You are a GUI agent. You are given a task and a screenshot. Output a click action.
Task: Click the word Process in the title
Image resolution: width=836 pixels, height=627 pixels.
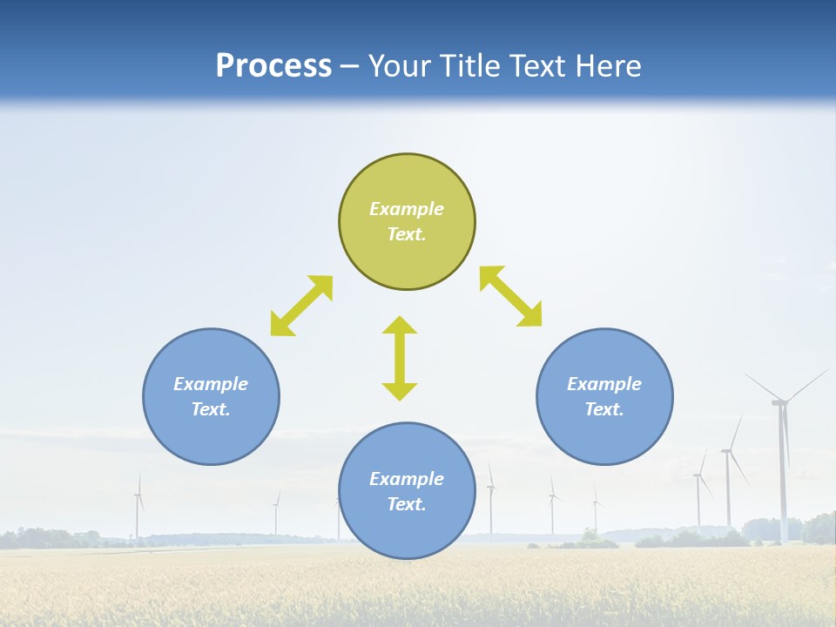[273, 66]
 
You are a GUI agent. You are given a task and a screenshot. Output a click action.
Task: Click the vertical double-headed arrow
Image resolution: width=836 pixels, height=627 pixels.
[400, 359]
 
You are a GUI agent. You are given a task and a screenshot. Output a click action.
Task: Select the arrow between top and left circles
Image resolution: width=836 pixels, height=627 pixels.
[301, 306]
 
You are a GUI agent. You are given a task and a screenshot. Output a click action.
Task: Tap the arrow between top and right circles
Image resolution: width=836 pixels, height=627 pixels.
[511, 296]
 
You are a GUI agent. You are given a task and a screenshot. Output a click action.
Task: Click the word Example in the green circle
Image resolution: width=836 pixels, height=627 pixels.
[407, 209]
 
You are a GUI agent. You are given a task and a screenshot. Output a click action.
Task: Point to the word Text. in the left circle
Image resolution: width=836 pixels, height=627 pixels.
[211, 409]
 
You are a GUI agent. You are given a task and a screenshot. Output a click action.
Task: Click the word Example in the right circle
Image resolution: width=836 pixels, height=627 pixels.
[604, 384]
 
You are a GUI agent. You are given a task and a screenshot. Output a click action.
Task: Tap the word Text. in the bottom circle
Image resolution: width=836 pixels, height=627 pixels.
[407, 504]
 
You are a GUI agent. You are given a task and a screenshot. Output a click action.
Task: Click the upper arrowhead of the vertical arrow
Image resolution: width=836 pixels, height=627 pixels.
[400, 326]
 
